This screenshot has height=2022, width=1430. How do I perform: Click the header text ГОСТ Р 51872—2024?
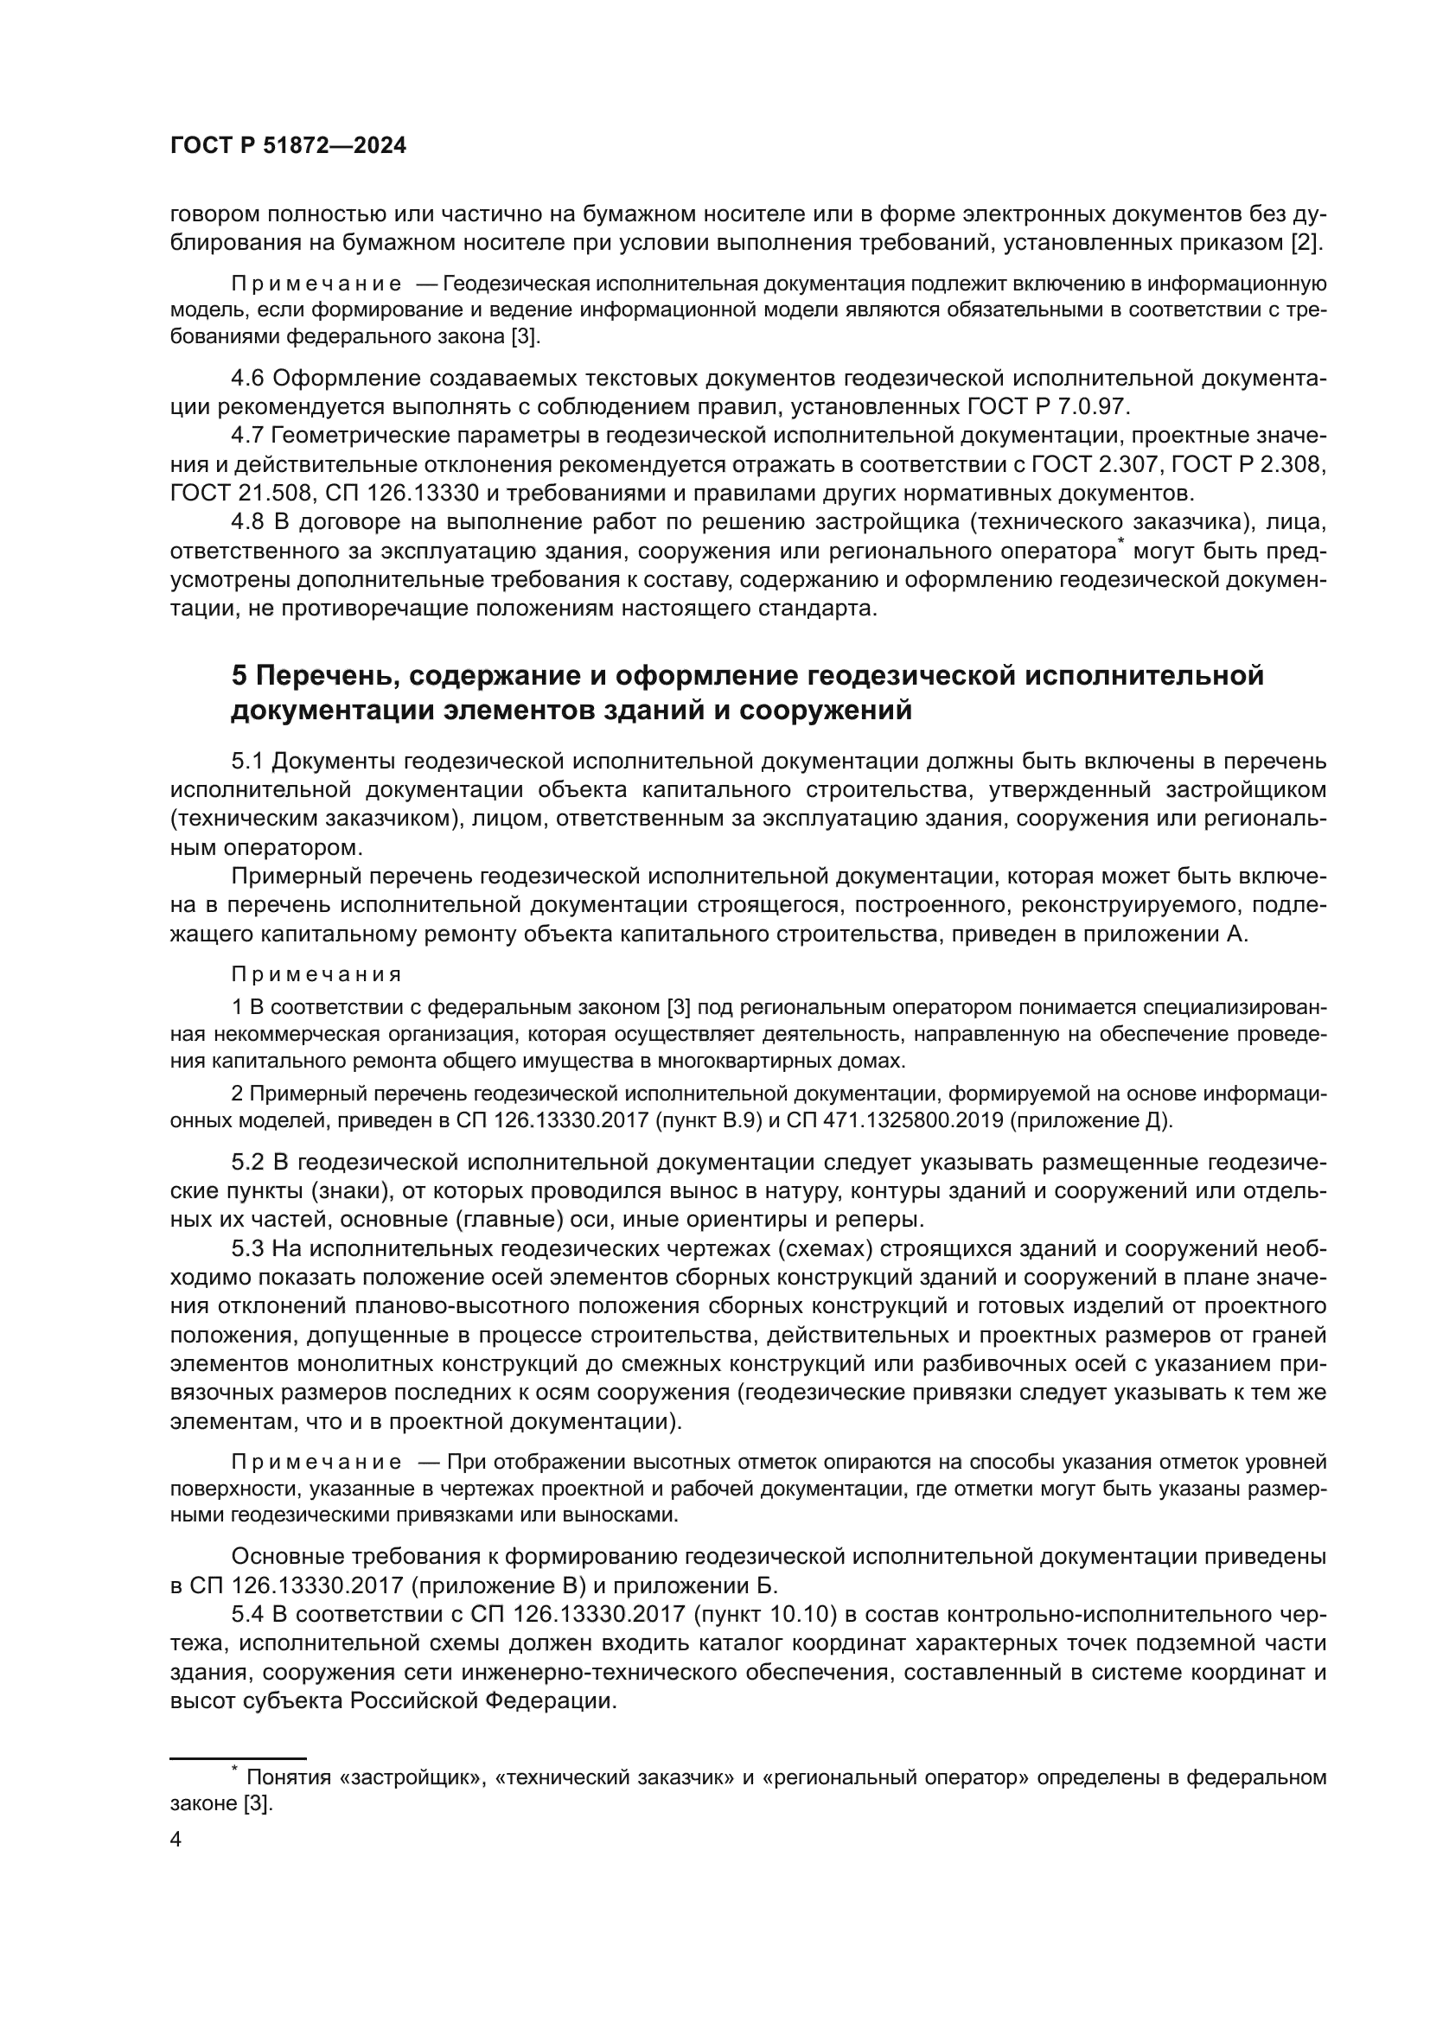click(288, 146)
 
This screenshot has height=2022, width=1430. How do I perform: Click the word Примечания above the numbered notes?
click(316, 975)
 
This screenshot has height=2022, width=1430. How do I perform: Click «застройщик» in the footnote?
click(412, 1777)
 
